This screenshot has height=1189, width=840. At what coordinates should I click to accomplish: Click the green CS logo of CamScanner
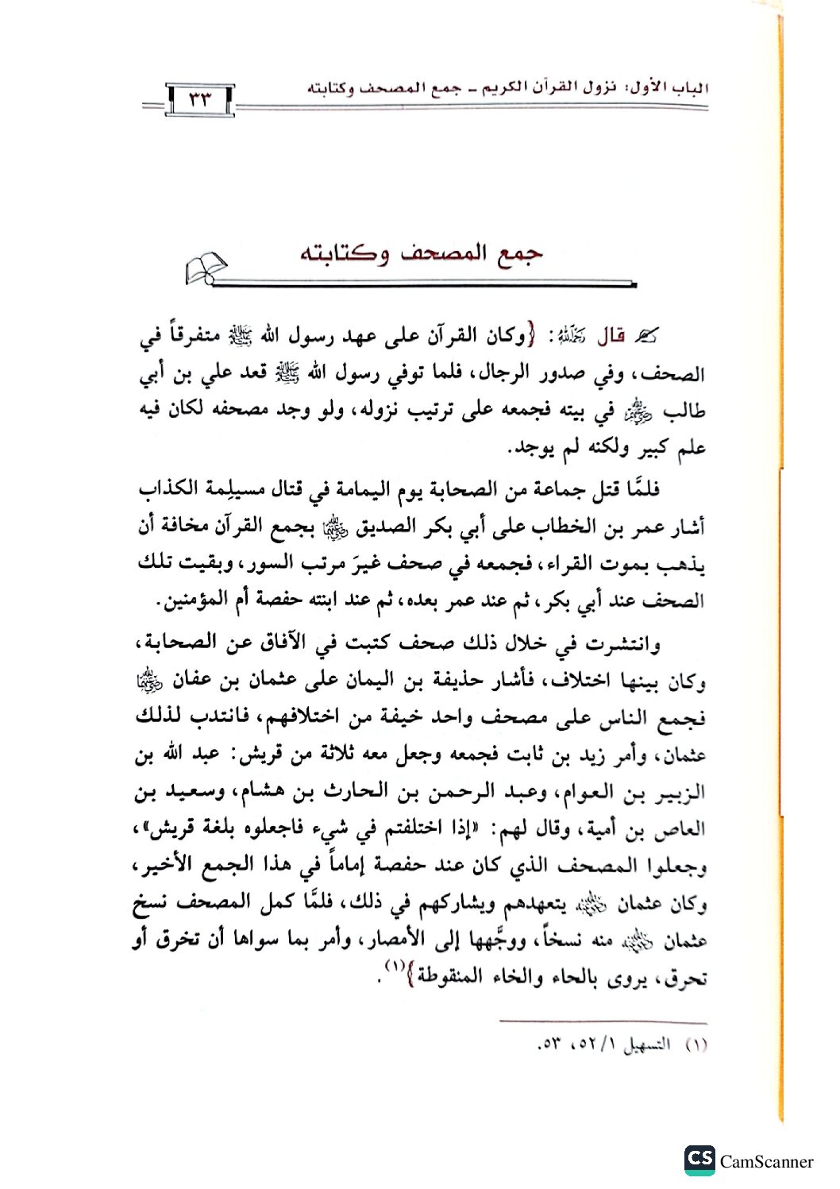[699, 1160]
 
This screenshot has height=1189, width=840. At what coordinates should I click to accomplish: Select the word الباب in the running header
[689, 86]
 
